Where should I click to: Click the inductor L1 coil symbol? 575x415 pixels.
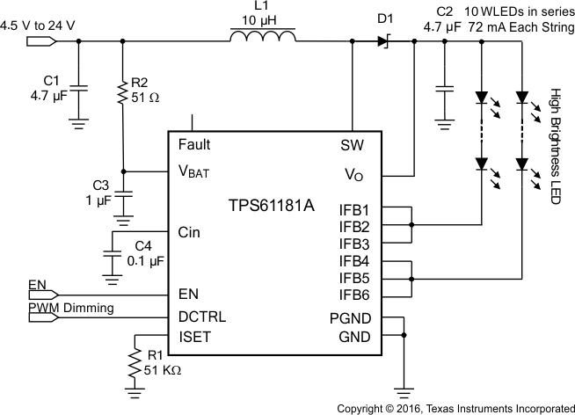(x=262, y=38)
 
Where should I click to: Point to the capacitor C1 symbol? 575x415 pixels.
(x=80, y=88)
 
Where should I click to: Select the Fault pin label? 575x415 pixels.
(x=193, y=144)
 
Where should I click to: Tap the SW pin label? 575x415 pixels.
(x=352, y=145)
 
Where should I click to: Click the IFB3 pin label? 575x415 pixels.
(x=353, y=244)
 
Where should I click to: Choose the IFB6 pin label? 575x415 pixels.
(x=353, y=294)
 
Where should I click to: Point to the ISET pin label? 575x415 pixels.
(x=194, y=336)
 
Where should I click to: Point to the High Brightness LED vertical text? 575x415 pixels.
(x=555, y=147)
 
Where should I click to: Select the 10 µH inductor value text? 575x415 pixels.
(x=261, y=19)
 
